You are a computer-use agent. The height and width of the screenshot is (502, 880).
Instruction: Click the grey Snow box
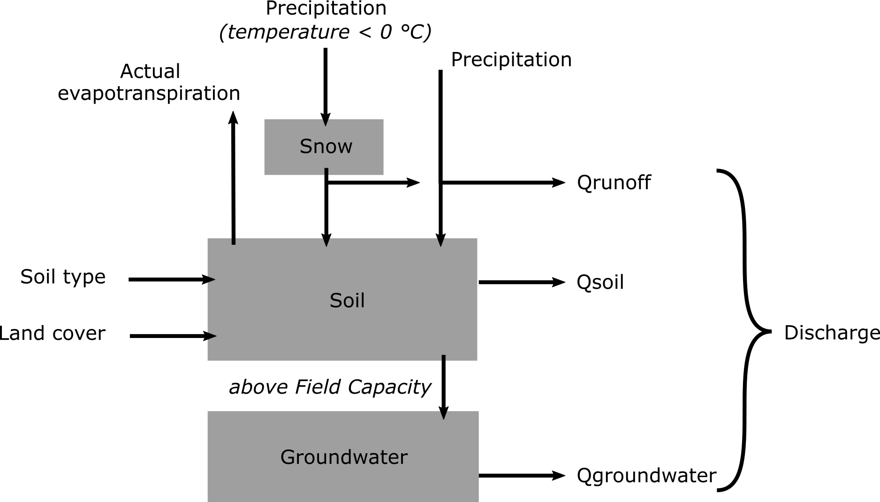(324, 147)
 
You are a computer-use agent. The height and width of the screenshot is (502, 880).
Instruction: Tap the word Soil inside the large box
(347, 300)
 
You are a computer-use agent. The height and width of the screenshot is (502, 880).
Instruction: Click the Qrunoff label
(614, 182)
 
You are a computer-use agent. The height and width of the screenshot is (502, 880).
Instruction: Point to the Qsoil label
(600, 282)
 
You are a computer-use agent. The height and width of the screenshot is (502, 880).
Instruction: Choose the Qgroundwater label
(646, 475)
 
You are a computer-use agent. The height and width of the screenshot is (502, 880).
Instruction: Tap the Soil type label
(63, 277)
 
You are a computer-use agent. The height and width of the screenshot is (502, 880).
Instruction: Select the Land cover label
(53, 333)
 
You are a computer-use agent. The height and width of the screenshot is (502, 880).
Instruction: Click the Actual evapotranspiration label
(149, 82)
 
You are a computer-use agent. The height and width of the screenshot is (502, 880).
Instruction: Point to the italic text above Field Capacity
(330, 387)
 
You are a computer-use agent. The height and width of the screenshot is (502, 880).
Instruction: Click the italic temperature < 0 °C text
(325, 32)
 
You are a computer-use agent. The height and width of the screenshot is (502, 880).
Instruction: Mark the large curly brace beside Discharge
(746, 330)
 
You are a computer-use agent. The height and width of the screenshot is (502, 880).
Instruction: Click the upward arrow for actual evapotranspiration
(233, 178)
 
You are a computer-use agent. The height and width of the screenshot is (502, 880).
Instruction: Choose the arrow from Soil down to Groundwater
(443, 387)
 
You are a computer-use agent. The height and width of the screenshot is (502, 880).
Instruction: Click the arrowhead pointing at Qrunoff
(559, 182)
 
